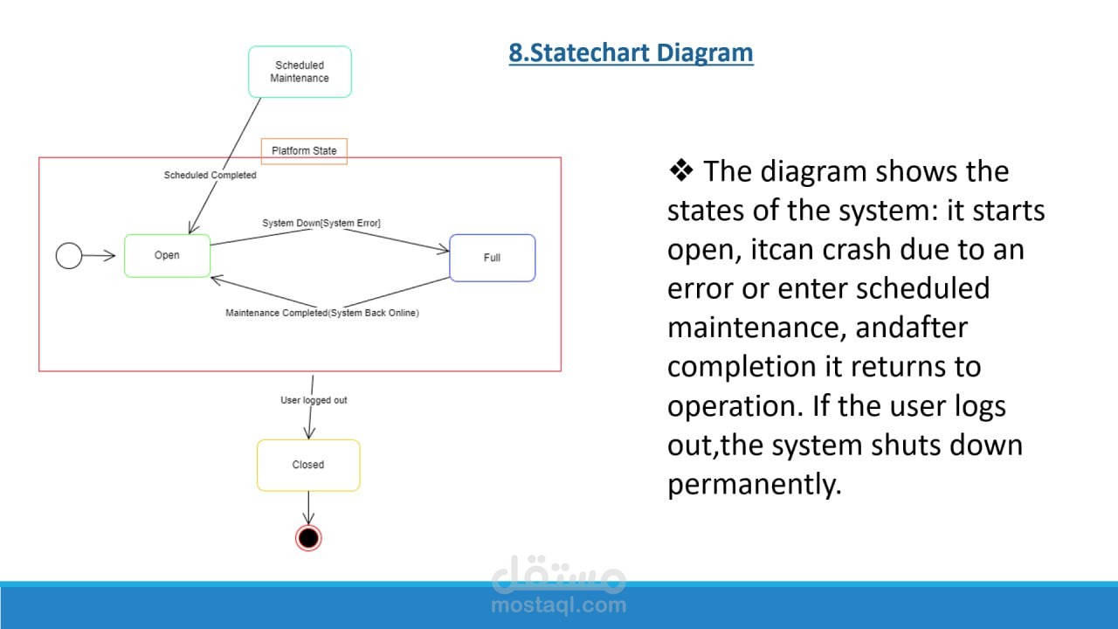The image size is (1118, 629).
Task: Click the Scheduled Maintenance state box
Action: click(x=300, y=72)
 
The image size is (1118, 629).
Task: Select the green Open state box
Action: click(x=167, y=255)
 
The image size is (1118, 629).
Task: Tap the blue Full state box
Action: click(x=492, y=258)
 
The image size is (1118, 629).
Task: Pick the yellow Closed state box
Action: click(x=307, y=465)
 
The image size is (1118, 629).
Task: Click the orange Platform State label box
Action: click(x=304, y=151)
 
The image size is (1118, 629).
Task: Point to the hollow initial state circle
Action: click(x=69, y=256)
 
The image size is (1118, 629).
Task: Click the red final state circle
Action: click(x=308, y=538)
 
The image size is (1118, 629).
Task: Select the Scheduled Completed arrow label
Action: click(x=210, y=176)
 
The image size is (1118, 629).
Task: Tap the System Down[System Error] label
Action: click(x=321, y=224)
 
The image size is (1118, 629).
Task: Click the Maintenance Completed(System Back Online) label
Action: click(x=322, y=313)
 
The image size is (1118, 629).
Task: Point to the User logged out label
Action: click(x=314, y=400)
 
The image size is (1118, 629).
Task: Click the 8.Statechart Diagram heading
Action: click(x=631, y=53)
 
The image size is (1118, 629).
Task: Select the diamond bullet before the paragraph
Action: click(x=680, y=171)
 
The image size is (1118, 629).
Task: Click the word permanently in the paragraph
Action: click(x=754, y=484)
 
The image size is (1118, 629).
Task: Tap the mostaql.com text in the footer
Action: click(x=558, y=605)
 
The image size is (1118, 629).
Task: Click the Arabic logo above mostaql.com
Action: click(x=558, y=575)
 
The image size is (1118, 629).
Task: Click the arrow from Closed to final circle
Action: click(x=307, y=508)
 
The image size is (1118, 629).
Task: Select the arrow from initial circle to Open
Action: click(x=100, y=256)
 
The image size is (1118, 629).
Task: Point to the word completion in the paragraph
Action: click(x=736, y=367)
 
